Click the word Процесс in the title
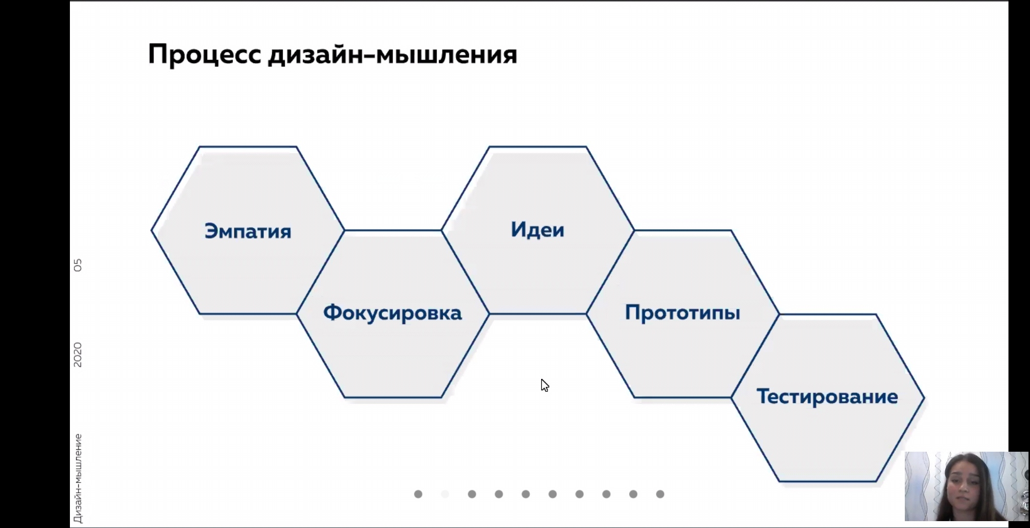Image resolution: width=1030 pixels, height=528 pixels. [205, 54]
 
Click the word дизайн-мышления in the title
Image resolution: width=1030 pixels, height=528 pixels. [393, 55]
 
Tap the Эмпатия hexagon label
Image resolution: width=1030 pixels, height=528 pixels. [248, 231]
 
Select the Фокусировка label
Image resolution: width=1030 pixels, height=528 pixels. [393, 313]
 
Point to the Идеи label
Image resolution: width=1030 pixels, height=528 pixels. [538, 229]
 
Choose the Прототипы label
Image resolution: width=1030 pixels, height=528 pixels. [682, 312]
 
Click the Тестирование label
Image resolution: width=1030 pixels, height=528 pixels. [827, 396]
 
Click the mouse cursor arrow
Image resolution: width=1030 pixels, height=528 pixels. [545, 385]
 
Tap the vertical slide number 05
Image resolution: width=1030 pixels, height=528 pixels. [78, 265]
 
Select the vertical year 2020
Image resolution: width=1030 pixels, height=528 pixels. [78, 355]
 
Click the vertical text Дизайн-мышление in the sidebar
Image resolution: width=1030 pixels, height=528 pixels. [78, 479]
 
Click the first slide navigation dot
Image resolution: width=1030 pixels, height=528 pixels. [418, 494]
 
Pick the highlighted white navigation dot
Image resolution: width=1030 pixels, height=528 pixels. [445, 494]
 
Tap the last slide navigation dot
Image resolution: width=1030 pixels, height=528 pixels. [660, 494]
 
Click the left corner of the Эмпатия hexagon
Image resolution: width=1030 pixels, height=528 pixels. [152, 231]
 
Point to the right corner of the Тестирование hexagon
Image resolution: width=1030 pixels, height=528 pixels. [924, 398]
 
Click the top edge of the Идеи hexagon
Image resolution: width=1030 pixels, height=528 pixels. [538, 146]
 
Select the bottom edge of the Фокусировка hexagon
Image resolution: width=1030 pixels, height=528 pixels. [393, 397]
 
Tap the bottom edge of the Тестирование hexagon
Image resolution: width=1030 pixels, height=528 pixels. [827, 482]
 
